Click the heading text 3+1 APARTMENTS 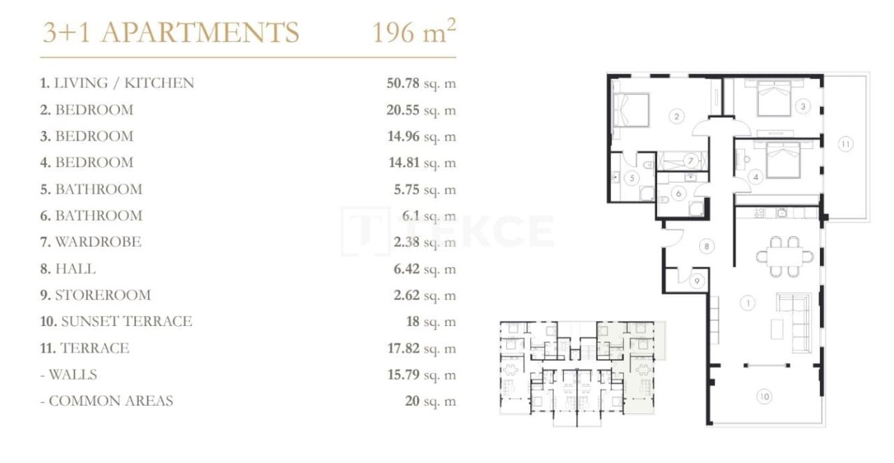170,33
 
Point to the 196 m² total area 414,32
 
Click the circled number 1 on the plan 748,303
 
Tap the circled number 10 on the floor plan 764,397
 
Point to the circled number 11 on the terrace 845,144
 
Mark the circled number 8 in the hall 707,246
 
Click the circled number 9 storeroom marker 697,281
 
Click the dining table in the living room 784,257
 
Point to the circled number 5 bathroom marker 631,178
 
